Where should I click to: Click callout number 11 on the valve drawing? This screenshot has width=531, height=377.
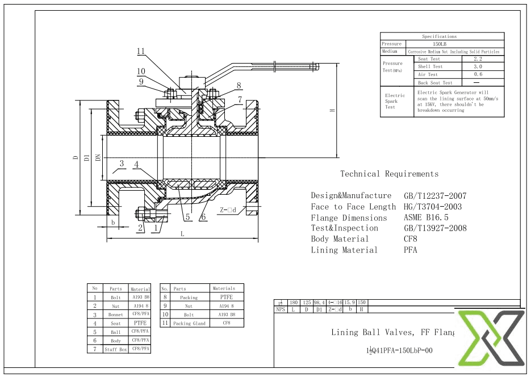tap(141, 51)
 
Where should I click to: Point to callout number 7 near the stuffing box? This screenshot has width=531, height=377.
tap(240, 99)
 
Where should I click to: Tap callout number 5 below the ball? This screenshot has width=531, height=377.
tap(187, 216)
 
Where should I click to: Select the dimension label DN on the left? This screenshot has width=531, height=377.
tap(98, 157)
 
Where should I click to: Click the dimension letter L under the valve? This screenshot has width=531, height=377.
tap(182, 233)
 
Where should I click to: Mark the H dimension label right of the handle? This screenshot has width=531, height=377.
tap(332, 110)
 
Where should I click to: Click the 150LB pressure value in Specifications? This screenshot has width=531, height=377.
tap(440, 44)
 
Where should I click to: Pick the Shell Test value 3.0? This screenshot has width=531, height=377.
tap(478, 66)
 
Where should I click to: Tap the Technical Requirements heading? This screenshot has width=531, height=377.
tap(389, 174)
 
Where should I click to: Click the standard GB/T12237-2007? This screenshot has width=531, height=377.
tap(435, 195)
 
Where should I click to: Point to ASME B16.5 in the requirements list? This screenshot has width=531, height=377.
tap(426, 217)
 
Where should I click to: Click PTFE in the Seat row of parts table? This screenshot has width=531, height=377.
tap(140, 322)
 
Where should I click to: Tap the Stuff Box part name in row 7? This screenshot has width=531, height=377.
tap(115, 349)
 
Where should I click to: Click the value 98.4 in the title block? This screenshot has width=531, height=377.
tap(320, 303)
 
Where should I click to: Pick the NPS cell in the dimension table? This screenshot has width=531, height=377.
tap(280, 309)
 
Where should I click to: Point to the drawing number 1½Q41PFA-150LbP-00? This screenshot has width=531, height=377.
tap(400, 350)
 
